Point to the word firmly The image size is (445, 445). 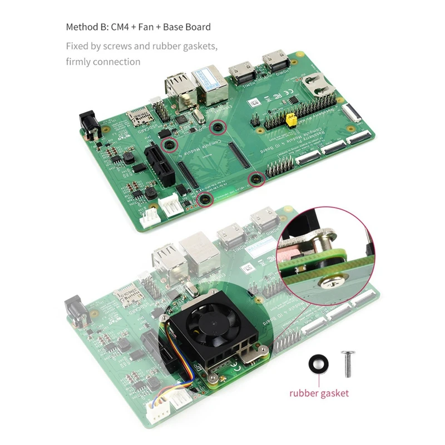point(78,62)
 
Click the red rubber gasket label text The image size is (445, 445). point(319,393)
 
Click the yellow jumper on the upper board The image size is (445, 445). point(289,119)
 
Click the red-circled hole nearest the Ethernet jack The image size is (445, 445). point(217,127)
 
